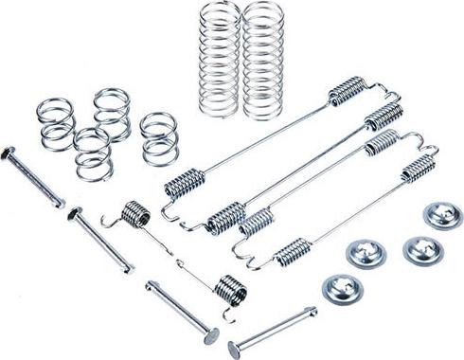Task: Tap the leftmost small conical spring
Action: tap(57, 122)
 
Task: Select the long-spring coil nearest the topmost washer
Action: tap(417, 171)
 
